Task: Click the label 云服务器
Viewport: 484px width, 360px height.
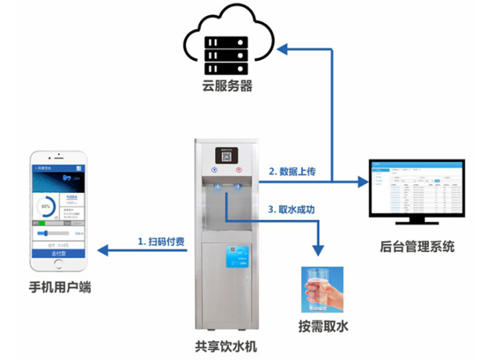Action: pyautogui.click(x=227, y=87)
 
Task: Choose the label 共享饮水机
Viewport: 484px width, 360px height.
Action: pyautogui.click(x=227, y=347)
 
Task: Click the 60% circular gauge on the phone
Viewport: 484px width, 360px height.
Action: pyautogui.click(x=47, y=205)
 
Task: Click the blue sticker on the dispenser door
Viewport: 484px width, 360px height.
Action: pyautogui.click(x=241, y=260)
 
